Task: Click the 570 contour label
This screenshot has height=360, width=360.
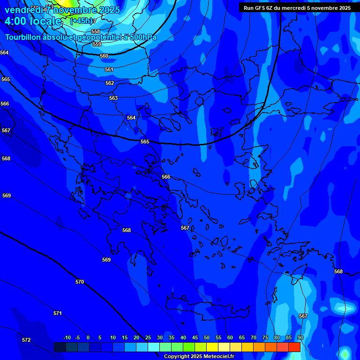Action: coord(80,282)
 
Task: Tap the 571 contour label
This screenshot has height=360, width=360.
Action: coord(58,313)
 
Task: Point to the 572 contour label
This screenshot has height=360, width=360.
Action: coord(26,340)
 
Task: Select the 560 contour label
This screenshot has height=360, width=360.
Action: coord(104,56)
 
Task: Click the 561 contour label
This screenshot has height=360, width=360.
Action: coord(109,69)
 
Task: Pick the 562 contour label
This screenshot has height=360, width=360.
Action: coord(110,83)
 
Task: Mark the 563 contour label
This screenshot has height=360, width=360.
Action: coord(113,98)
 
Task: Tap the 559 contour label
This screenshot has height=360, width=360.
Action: coord(97,44)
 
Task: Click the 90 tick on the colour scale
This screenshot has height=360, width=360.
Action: coord(300,337)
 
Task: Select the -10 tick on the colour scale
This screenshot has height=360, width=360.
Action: coord(67,337)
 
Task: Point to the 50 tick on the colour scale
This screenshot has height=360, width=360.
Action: coord(207,337)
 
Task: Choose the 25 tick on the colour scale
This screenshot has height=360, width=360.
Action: coord(148,337)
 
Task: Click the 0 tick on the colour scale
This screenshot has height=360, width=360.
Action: coord(100,337)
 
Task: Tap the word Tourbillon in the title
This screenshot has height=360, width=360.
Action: coord(22,37)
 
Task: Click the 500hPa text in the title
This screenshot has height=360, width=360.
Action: coord(141,37)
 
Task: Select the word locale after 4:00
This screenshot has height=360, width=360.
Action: coord(45,21)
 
